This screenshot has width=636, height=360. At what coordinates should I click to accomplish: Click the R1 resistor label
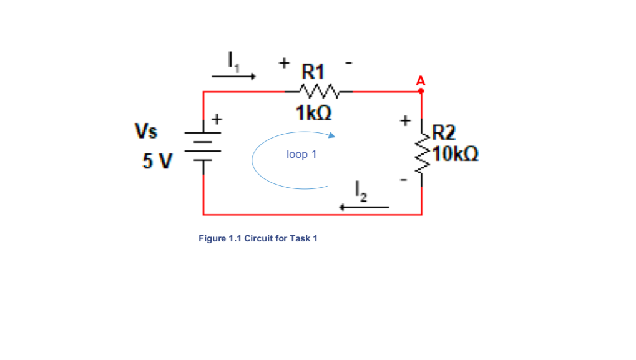pyautogui.click(x=314, y=70)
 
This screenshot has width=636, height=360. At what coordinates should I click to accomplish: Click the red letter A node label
pyautogui.click(x=421, y=80)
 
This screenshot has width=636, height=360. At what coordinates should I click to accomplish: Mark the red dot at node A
pyautogui.click(x=421, y=91)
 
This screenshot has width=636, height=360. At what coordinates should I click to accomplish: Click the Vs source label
pyautogui.click(x=147, y=131)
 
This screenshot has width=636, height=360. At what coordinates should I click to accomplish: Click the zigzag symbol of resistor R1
pyautogui.click(x=319, y=92)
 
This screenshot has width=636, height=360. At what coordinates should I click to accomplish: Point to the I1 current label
pyautogui.click(x=233, y=61)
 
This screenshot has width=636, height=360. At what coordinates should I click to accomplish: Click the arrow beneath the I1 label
pyautogui.click(x=233, y=77)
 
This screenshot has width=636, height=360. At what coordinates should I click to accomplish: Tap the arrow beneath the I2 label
pyautogui.click(x=364, y=207)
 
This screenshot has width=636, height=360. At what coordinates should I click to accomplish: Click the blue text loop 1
pyautogui.click(x=301, y=154)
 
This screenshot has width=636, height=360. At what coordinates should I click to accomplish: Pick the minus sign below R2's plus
pyautogui.click(x=404, y=181)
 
